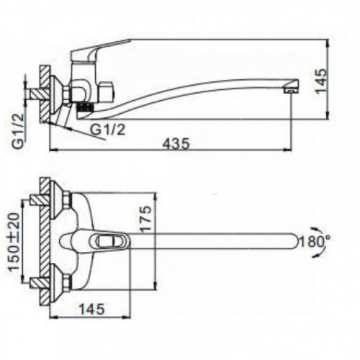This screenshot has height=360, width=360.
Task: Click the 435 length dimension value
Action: [x=176, y=144]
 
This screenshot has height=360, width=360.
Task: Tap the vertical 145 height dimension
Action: [x=321, y=81]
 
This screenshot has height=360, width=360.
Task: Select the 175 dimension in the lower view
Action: [x=145, y=219]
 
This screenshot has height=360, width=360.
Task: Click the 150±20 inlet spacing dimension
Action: [x=14, y=242]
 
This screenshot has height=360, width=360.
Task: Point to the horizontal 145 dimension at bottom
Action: [x=92, y=309]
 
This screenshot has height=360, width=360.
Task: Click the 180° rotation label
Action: [x=315, y=242]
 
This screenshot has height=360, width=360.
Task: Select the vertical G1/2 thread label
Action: [x=18, y=131]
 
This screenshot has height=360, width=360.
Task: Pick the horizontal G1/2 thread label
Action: [x=108, y=130]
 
